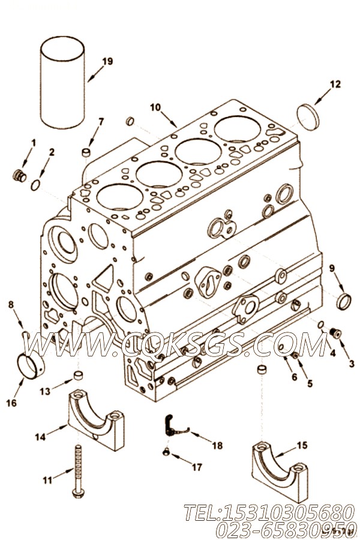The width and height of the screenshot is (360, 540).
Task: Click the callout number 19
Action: [x=107, y=61]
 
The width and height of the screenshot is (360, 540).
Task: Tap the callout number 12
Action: [x=335, y=84]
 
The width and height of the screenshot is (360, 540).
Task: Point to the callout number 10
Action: [x=155, y=107]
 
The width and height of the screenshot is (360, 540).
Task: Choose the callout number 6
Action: [x=294, y=377]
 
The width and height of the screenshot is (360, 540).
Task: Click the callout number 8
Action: [x=11, y=305]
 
